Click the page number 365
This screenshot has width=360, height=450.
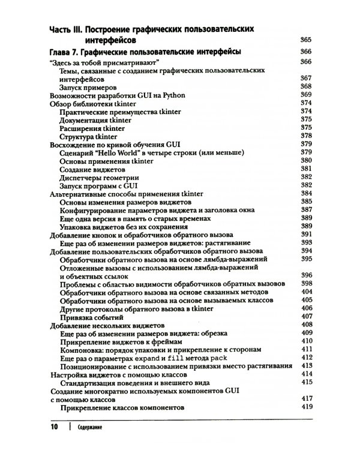306,40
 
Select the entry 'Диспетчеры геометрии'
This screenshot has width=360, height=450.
100,178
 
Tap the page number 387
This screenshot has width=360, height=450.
306,210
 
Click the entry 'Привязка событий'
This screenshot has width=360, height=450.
92,316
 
